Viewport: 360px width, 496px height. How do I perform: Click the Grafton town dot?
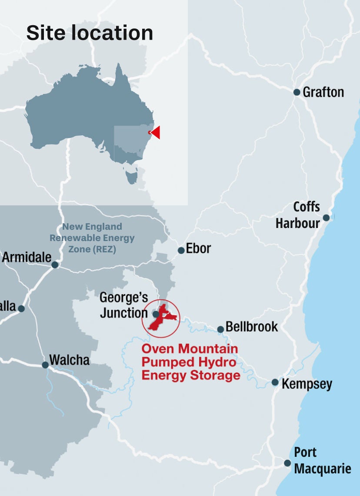(x=297, y=92)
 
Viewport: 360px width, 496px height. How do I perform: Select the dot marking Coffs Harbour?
(x=326, y=218)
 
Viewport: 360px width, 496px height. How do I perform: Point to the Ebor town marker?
(x=181, y=250)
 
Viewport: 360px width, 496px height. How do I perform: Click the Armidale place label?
(x=27, y=257)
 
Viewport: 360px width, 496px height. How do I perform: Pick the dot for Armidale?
(x=55, y=265)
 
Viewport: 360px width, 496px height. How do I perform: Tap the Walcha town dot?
(x=45, y=365)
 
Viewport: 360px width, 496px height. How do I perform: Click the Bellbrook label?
(x=252, y=327)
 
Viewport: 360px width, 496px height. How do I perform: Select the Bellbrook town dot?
(x=220, y=329)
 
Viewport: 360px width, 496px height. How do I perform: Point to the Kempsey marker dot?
(x=275, y=382)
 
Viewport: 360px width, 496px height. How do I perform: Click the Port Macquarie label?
(x=322, y=461)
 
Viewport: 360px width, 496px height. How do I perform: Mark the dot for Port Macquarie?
(x=287, y=463)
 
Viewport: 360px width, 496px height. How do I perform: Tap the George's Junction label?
(x=124, y=305)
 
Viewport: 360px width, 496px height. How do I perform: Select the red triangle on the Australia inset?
(x=155, y=132)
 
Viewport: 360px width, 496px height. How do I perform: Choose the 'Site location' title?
(x=90, y=33)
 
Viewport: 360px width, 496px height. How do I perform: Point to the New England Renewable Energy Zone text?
(x=92, y=238)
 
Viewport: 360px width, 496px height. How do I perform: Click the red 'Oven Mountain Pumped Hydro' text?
(x=190, y=362)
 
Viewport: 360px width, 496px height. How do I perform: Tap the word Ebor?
(x=198, y=248)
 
